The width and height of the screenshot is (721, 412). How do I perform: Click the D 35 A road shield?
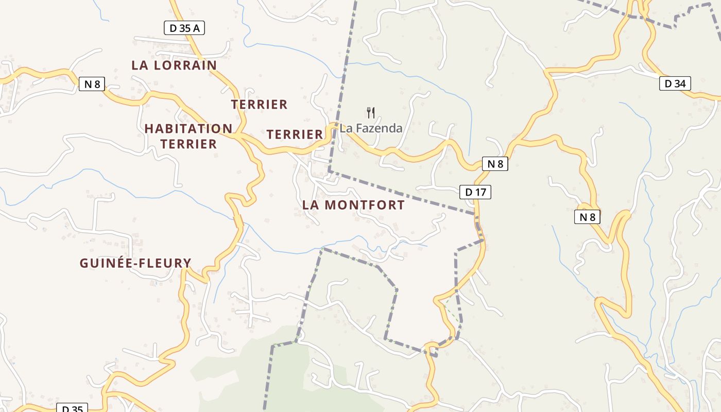coord(184,28)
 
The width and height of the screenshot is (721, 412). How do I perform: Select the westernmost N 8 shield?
coord(92,84)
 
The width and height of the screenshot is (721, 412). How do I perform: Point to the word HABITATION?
coord(188,128)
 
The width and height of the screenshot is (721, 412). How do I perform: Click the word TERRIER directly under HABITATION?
coord(188,144)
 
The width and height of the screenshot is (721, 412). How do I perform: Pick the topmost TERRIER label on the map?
coord(259,105)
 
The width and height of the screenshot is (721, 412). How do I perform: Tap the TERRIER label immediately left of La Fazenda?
coord(295,134)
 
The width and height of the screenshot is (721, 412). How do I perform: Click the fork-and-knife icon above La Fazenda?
coord(371,112)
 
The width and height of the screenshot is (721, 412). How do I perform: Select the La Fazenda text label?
coord(371,128)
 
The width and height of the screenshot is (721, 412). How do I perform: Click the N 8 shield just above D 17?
coord(495,164)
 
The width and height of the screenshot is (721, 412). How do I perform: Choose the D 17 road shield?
coord(475,192)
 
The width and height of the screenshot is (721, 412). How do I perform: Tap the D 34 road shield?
coord(675,83)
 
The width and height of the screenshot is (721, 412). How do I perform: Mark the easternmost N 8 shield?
coord(587,217)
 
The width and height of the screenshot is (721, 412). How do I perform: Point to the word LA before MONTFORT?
coord(312,205)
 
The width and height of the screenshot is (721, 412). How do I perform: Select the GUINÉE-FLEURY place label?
coord(135,263)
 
